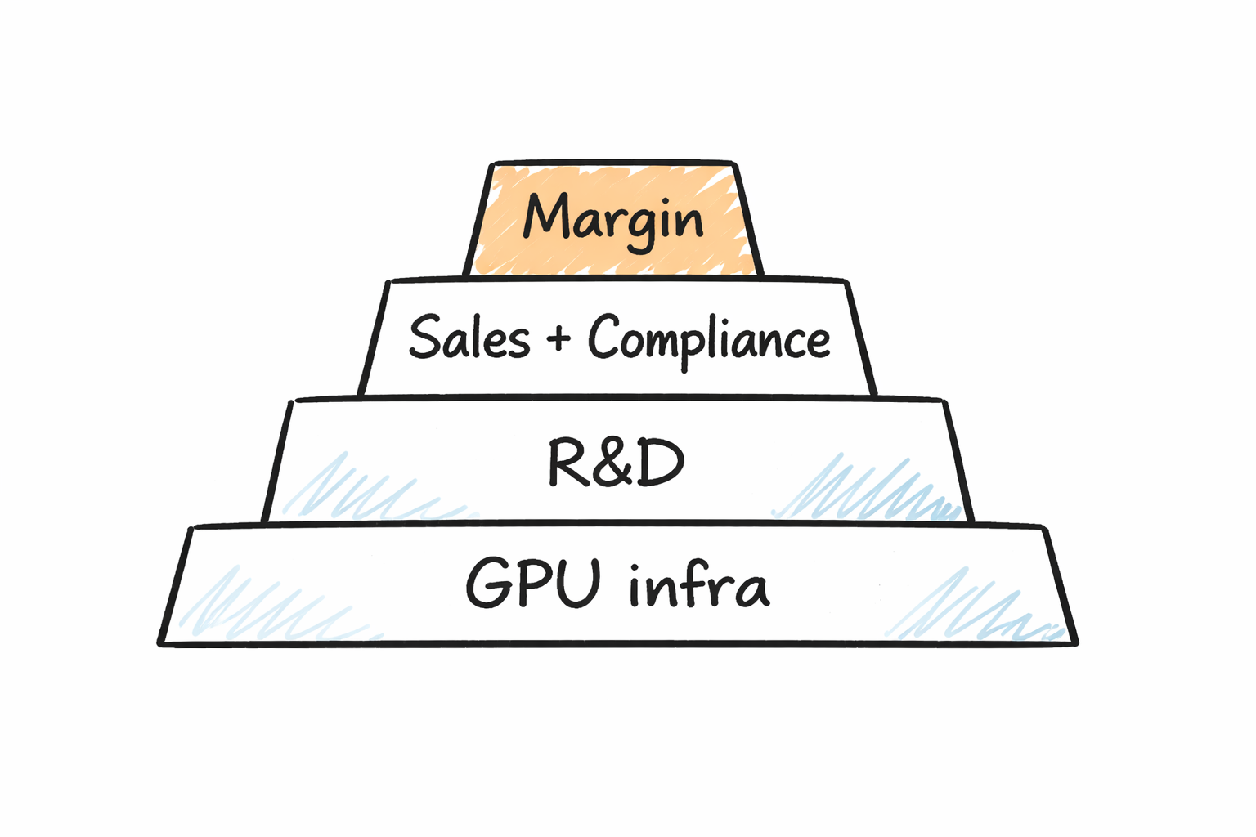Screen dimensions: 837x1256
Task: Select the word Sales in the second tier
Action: (x=469, y=337)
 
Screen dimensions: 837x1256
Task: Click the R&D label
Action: (x=615, y=463)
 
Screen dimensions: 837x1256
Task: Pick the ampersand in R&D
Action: (x=616, y=463)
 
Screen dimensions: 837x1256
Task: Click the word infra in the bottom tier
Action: (x=699, y=584)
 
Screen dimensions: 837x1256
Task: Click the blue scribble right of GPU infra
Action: (x=973, y=609)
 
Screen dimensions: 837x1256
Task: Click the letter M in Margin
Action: (x=546, y=216)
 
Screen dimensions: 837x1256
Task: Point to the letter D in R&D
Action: (x=659, y=463)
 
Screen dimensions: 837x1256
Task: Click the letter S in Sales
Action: (x=424, y=336)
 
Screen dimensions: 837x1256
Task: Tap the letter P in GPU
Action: (x=532, y=582)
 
